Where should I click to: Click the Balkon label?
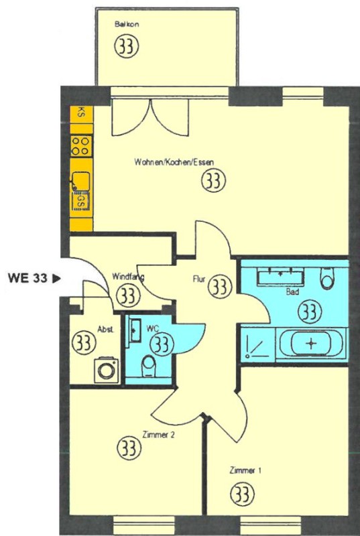click(x=127, y=25)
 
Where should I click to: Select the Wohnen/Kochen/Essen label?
click(x=174, y=161)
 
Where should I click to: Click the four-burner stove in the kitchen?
click(x=81, y=146)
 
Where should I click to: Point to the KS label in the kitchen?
click(x=81, y=113)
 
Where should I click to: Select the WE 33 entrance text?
click(x=27, y=278)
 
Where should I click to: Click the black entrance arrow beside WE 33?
click(x=56, y=278)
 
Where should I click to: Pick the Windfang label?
click(x=128, y=276)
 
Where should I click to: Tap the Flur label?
click(x=199, y=279)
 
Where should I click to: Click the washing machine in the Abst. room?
click(x=107, y=371)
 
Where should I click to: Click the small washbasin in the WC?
click(x=135, y=330)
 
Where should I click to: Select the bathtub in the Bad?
click(x=311, y=344)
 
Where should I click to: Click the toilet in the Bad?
click(x=326, y=278)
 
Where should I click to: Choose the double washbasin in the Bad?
click(x=281, y=276)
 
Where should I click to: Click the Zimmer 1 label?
click(x=245, y=471)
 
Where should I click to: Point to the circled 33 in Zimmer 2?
click(x=129, y=448)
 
